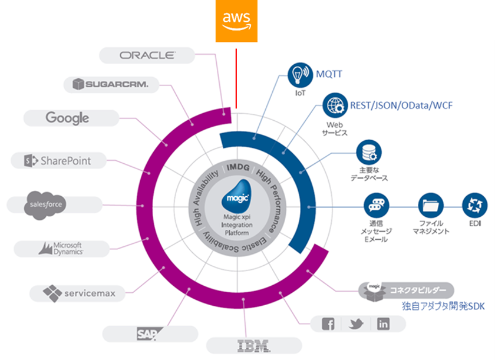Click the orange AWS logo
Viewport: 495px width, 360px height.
pos(236,21)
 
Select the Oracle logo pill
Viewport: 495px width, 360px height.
pos(147,55)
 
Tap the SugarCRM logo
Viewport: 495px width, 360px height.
pos(111,84)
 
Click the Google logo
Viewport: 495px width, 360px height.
pos(67,118)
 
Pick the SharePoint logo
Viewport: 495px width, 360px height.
pos(58,161)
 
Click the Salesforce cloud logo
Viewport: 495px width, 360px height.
pos(46,205)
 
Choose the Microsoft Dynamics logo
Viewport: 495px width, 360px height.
pos(61,249)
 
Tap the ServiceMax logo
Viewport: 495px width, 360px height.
pos(79,293)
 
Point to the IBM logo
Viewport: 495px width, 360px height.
pos(254,346)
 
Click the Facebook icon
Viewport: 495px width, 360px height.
pos(328,324)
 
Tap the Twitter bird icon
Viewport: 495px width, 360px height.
pos(356,323)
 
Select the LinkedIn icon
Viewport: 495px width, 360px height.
pos(383,323)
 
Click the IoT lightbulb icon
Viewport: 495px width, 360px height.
pos(300,75)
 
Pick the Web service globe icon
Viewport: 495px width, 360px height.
pos(335,105)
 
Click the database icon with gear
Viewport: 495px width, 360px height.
pos(369,153)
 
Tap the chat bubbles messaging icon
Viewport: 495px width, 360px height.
pos(377,206)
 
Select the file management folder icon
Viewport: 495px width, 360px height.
pos(431,206)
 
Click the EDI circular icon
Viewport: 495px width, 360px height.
pos(475,206)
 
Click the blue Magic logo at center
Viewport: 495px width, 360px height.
pos(237,196)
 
